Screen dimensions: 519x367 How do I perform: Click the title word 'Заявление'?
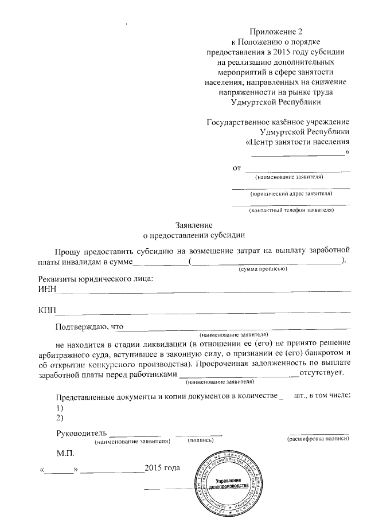[194, 224]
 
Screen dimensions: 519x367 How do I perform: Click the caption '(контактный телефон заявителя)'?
[291, 210]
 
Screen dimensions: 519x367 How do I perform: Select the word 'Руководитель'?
[81, 432]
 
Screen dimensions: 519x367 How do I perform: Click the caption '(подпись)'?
[201, 440]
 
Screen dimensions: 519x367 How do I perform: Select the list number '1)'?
[60, 407]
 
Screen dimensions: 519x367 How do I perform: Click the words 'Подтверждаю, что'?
[89, 327]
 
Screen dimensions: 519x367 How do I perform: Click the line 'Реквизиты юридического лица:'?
[95, 279]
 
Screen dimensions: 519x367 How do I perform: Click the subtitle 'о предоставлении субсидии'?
[194, 235]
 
